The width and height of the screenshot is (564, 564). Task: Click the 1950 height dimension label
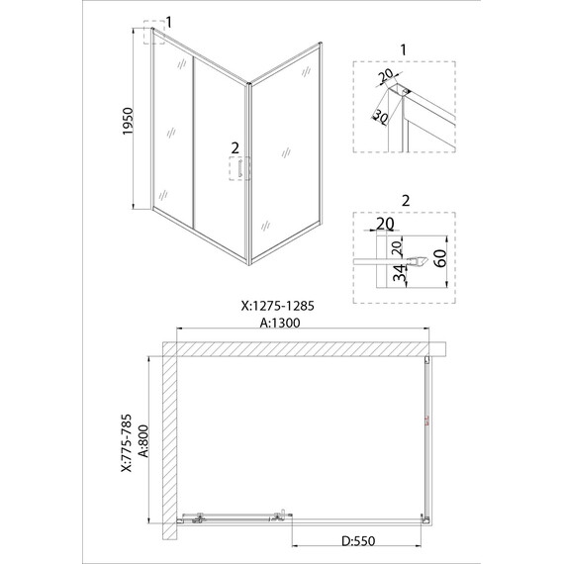point(128,122)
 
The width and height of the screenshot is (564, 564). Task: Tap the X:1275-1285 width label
point(277,306)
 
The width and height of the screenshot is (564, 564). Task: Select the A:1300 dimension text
point(279,323)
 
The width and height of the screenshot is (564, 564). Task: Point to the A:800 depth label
point(143,441)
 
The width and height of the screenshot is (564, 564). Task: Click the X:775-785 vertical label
point(127,442)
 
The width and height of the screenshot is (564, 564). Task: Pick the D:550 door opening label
point(358,541)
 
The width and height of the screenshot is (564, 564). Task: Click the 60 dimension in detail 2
point(440,258)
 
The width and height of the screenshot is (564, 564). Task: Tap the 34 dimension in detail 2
point(400,273)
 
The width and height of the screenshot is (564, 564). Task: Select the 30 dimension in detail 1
point(380,116)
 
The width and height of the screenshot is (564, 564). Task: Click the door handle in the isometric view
point(240,168)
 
